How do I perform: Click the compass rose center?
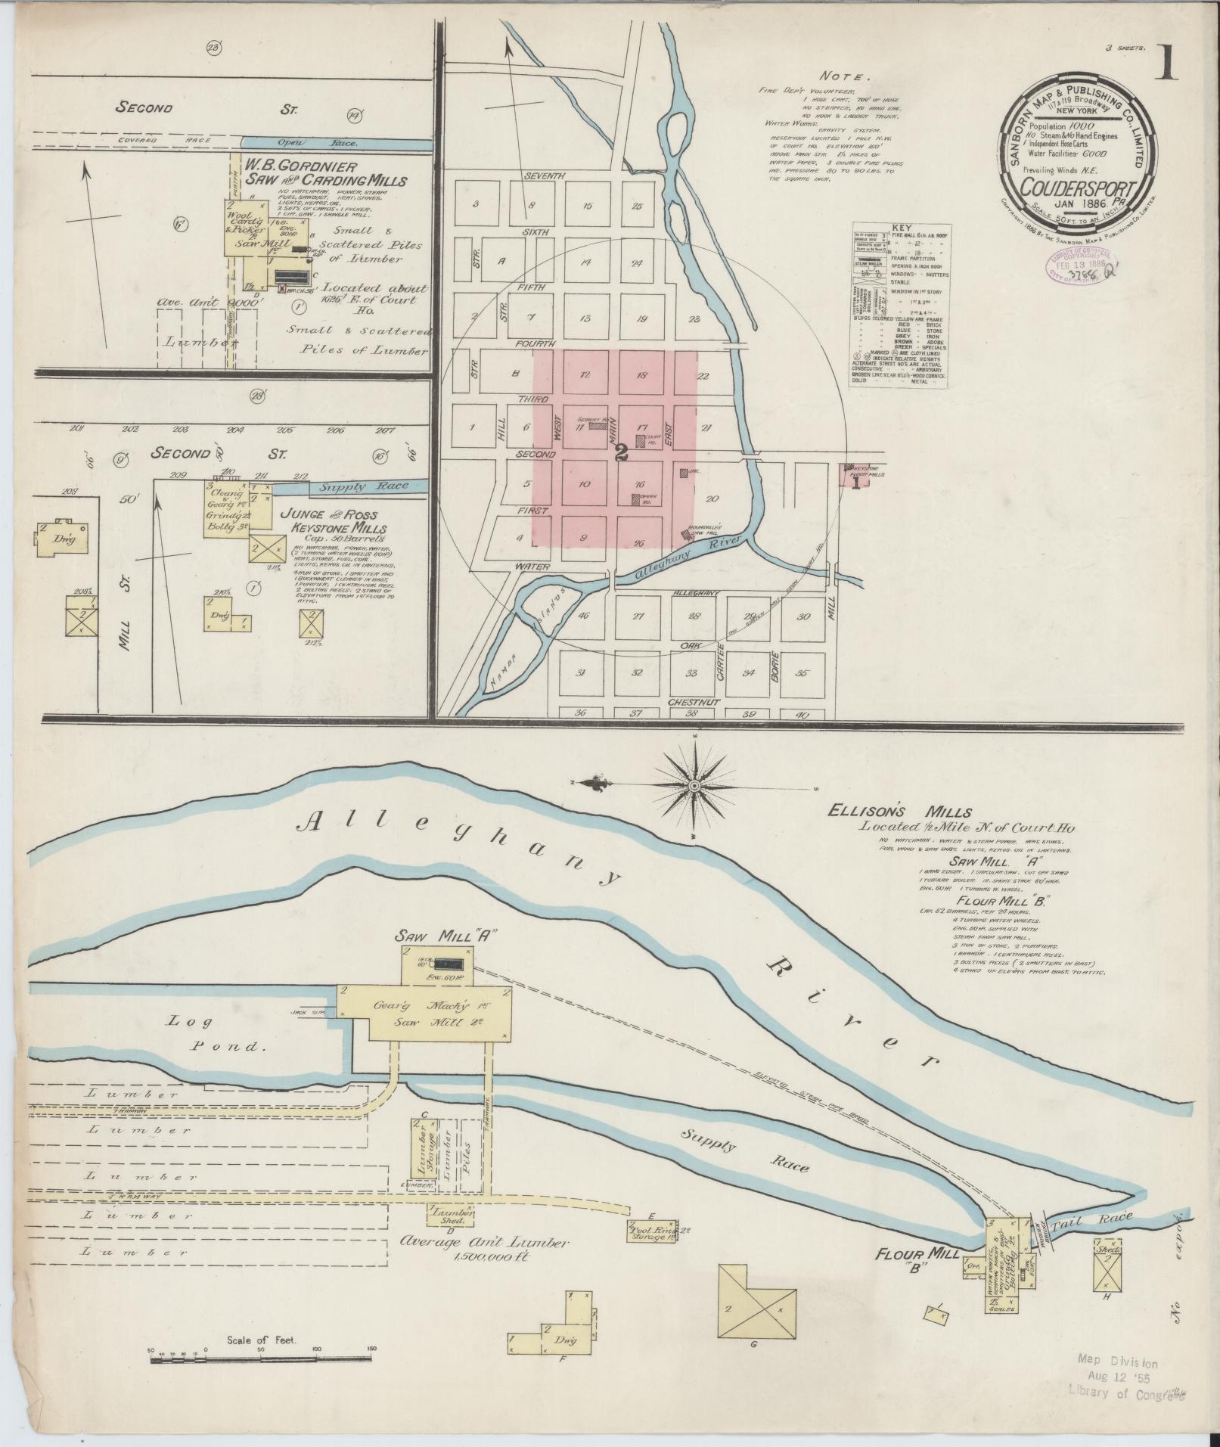(693, 787)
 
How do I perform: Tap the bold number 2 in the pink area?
(622, 452)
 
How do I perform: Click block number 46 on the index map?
(582, 616)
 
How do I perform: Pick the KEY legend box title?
(900, 228)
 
